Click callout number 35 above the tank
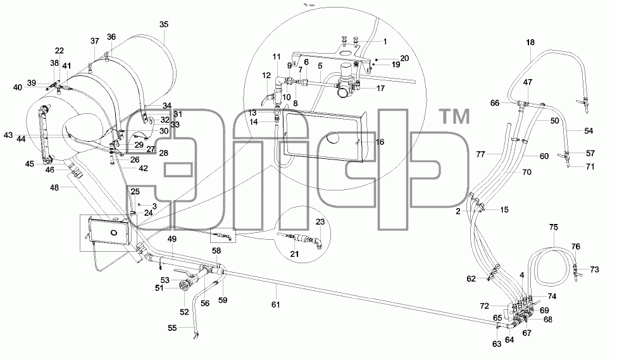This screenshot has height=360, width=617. coord(164,25)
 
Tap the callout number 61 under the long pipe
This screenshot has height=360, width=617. coord(275,304)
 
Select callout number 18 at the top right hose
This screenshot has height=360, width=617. coord(530,42)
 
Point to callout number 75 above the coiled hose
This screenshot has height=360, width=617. coord(553,227)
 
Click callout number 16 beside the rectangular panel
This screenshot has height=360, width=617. coord(379,142)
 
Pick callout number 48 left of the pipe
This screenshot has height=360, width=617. coord(54,188)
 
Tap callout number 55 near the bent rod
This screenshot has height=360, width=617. coord(172,328)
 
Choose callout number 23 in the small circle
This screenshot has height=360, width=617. coord(320,222)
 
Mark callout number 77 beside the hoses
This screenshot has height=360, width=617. coord(480,154)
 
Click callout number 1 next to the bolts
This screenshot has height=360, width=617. coord(385,42)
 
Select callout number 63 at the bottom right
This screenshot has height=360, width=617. coord(497,344)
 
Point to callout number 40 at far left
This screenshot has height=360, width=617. coord(17,87)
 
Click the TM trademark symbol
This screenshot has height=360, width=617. coord(454,117)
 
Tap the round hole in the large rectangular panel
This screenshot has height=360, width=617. coord(335,138)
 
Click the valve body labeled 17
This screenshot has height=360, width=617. coord(346,82)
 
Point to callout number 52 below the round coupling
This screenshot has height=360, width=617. coord(184,312)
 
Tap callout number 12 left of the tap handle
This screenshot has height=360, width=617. coord(266,75)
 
